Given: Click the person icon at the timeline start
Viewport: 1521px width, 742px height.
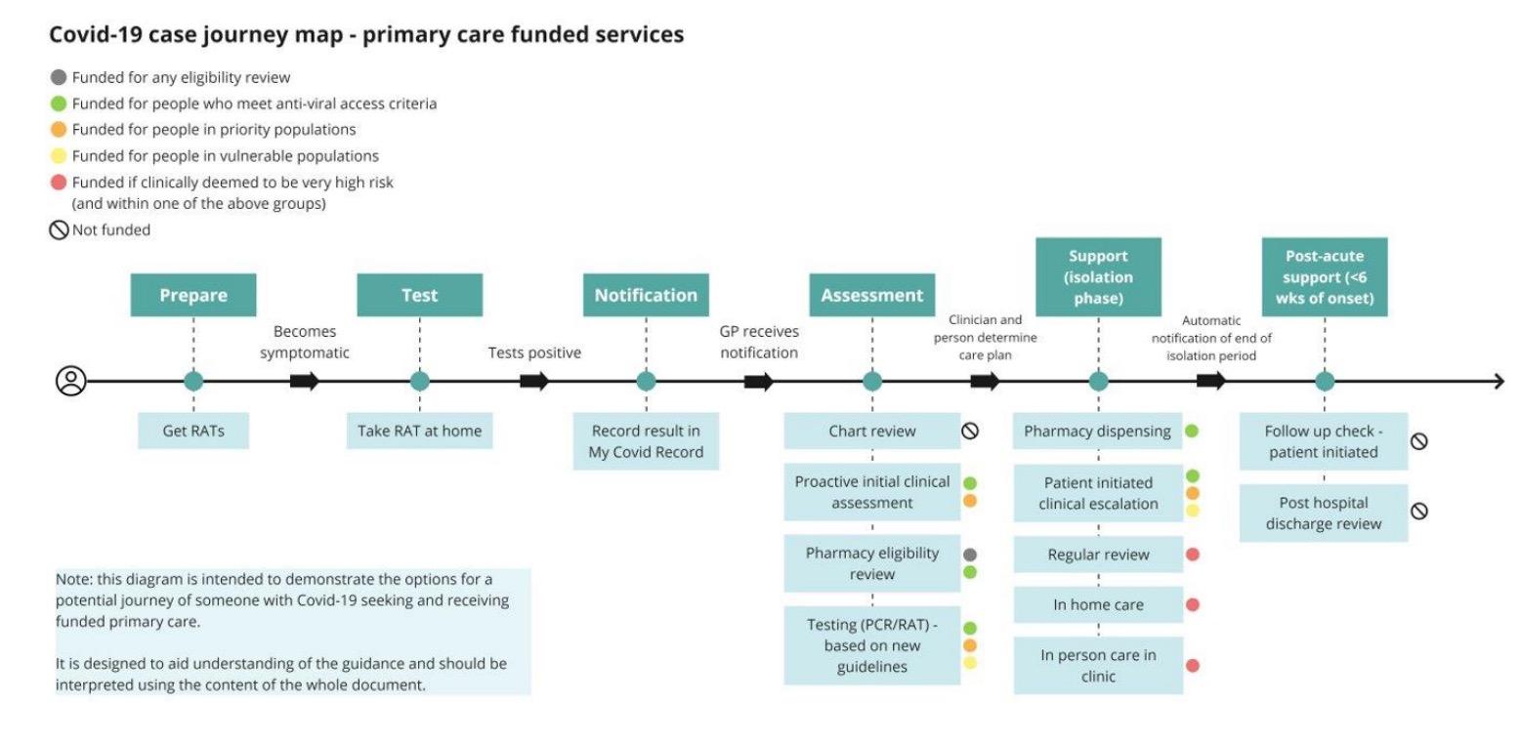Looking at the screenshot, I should tap(71, 381).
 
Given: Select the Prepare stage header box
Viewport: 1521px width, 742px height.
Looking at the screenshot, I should tap(193, 295).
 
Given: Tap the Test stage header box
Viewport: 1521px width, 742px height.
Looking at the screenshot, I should tap(419, 295).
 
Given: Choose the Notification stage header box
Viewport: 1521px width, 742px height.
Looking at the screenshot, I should tap(646, 295).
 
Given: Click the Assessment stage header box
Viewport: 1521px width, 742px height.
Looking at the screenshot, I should tap(871, 295).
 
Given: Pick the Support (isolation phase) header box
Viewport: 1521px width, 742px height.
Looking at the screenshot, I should tap(1098, 277).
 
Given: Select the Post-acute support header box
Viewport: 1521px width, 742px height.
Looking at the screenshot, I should tap(1324, 277).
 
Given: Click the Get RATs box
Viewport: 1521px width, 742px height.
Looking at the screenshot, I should tap(193, 431).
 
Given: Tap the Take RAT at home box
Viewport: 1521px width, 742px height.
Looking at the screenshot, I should tap(419, 431).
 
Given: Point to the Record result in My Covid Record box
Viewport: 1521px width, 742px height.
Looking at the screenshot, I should tap(646, 441).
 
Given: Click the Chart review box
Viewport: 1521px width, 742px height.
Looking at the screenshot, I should tap(871, 431).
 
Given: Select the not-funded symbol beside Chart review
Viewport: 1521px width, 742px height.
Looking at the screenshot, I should tap(970, 431).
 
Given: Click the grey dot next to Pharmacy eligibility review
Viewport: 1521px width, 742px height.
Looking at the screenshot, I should tap(970, 555).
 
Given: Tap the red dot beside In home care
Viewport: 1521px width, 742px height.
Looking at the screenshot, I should tap(1192, 605).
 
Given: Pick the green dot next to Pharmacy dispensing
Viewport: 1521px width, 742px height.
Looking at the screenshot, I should tap(1192, 431).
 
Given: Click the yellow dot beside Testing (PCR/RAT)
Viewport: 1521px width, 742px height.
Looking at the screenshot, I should tap(970, 663).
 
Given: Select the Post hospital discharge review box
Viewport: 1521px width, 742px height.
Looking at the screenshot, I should tap(1324, 514).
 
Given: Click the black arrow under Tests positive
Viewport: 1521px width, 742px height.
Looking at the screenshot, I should tap(533, 381).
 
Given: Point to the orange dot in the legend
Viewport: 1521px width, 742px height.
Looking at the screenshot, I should tap(59, 130).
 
